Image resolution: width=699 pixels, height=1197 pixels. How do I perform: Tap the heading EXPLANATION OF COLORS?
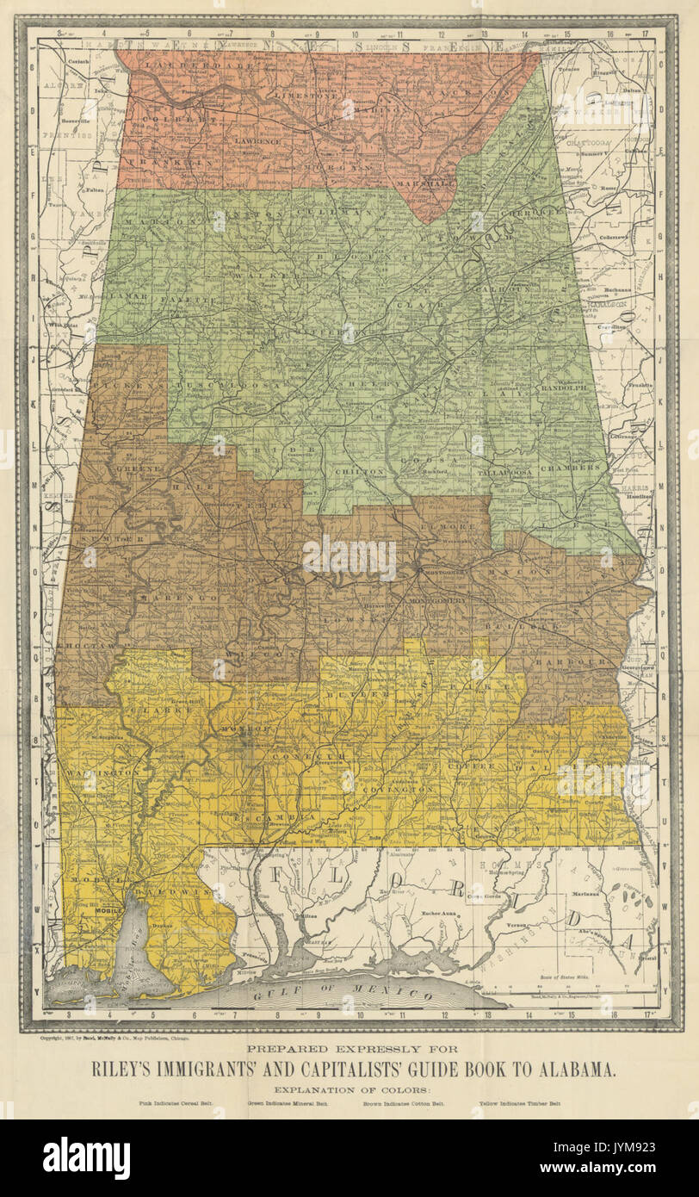coord(349,1088)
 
